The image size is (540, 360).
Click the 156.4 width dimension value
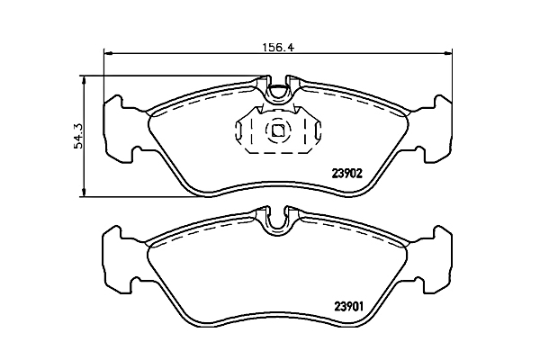[278, 47]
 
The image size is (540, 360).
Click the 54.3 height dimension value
[78, 136]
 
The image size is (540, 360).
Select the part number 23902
[347, 174]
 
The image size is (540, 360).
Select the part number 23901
[348, 306]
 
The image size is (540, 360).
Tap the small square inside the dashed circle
[278, 130]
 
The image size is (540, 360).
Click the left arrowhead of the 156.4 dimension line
[108, 53]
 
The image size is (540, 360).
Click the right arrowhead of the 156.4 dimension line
[447, 53]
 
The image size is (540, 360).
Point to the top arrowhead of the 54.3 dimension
[83, 80]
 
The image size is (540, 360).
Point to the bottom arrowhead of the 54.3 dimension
[83, 193]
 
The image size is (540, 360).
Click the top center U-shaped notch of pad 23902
[277, 94]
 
